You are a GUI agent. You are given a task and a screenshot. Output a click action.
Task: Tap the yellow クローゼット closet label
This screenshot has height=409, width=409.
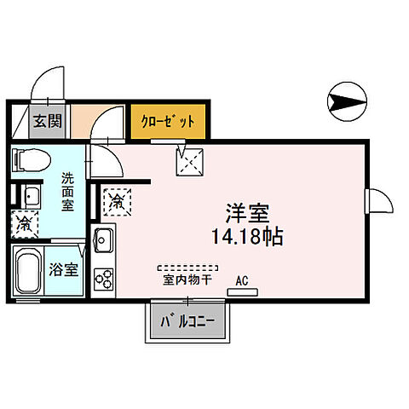pyautogui.click(x=168, y=121)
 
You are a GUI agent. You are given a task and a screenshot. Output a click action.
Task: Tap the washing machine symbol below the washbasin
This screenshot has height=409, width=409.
pyautogui.click(x=26, y=224)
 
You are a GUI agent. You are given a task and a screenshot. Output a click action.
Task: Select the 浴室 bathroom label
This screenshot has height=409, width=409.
pyautogui.click(x=64, y=270)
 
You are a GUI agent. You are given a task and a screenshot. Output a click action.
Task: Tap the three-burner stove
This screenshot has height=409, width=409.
pyautogui.click(x=104, y=278)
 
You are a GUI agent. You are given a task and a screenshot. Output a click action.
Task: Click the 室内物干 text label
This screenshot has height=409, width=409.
pyautogui.click(x=187, y=279)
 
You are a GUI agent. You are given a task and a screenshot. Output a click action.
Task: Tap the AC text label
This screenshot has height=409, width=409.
pyautogui.click(x=243, y=279)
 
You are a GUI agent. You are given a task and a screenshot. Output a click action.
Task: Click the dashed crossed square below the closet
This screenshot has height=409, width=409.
pyautogui.click(x=187, y=160)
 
